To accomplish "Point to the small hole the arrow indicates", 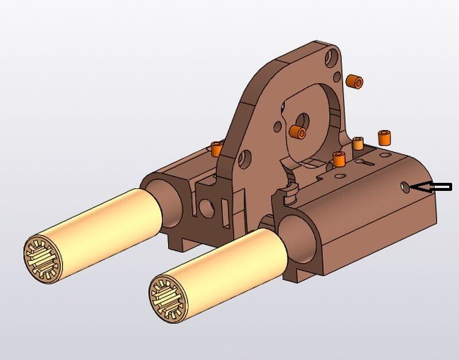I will (x=405, y=187).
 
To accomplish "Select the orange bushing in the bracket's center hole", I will (x=298, y=131).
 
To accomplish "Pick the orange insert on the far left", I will (x=216, y=148).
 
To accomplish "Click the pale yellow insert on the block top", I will (x=359, y=143).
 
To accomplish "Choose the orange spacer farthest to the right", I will (x=384, y=138).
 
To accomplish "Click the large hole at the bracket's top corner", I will (x=332, y=57).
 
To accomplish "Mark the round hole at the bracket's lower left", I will (x=245, y=156).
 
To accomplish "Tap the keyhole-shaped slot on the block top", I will (x=366, y=162).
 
